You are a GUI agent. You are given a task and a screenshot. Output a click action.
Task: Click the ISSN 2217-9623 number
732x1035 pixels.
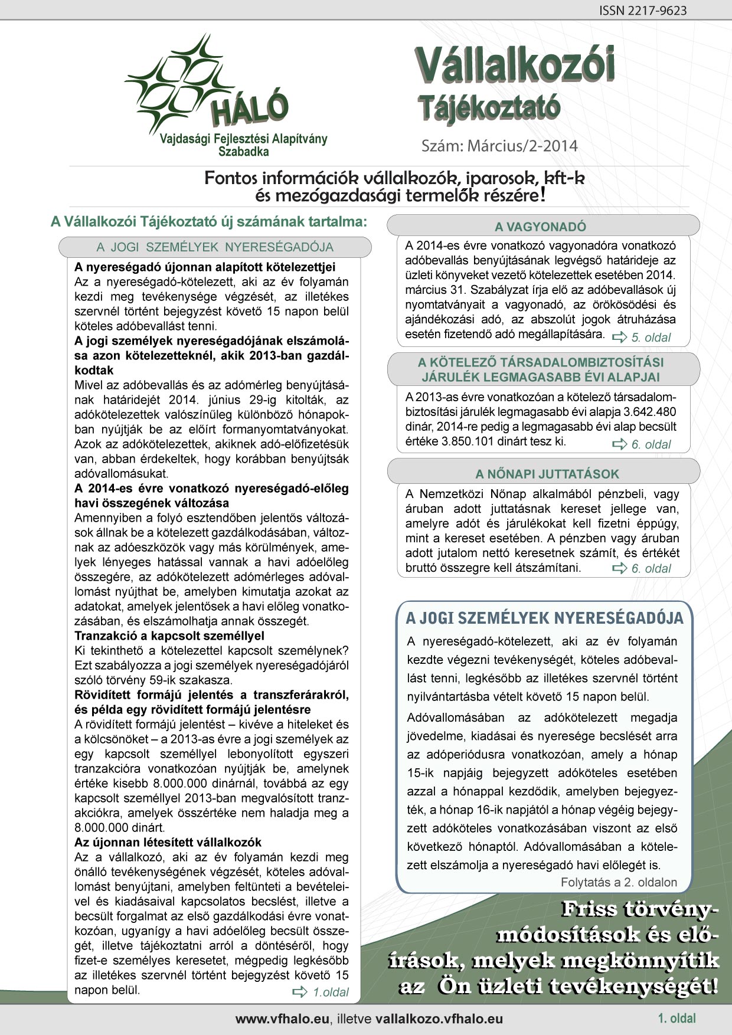coord(643,11)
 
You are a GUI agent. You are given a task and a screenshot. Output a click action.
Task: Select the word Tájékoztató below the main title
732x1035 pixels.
coord(489,108)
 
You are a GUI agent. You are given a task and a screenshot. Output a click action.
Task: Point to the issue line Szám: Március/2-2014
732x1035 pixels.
coord(499,146)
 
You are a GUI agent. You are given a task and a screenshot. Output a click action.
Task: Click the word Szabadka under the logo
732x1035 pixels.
coord(243,152)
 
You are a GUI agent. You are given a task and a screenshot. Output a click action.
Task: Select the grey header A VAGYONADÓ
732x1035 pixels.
coord(540,227)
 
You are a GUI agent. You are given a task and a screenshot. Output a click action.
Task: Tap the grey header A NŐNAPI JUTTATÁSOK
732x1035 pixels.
coord(547,474)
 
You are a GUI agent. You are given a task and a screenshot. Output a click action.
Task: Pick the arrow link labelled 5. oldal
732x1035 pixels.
coord(643,338)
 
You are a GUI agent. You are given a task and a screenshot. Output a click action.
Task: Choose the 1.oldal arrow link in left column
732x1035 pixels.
coord(322,992)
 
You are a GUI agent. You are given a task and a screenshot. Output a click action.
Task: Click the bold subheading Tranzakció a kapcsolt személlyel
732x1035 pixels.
coord(169,636)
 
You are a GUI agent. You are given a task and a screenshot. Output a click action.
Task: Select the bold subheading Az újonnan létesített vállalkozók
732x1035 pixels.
coord(168,842)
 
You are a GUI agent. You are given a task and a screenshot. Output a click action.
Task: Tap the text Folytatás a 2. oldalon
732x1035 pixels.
coord(619,883)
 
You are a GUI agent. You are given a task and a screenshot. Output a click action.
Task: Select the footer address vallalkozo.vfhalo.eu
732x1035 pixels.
coord(439,1018)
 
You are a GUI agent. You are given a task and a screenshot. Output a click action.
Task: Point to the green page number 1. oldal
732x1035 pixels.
coord(677,1018)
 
